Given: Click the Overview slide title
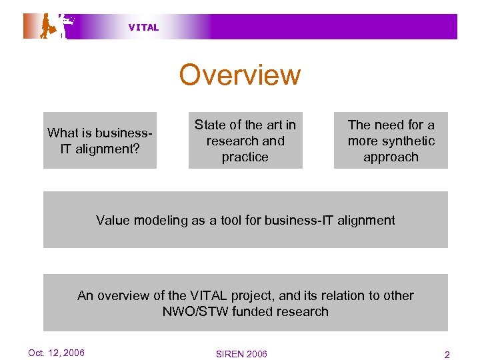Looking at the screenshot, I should point(239,75).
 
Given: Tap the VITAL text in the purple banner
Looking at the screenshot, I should point(143,27).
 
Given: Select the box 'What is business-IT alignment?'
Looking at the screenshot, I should point(100,140).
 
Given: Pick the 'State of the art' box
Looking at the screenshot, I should point(245,140).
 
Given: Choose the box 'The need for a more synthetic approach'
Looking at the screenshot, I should point(391,140).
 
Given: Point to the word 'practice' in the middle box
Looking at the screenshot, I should point(245,157).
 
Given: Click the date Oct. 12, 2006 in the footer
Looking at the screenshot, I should point(56,353).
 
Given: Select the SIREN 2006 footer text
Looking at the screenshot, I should point(241,354).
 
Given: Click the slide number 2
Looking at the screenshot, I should point(447,355).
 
